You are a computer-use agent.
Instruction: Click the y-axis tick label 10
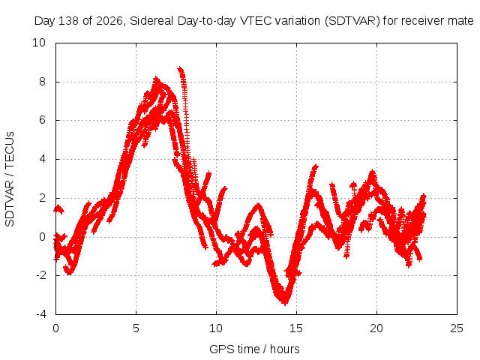(x=39, y=43)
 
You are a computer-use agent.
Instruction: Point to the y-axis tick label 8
(x=42, y=82)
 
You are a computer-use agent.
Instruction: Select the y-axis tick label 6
(x=42, y=120)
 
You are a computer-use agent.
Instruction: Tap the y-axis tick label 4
(x=42, y=159)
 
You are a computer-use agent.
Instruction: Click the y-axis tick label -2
(x=40, y=275)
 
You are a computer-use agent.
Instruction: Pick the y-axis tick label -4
(x=40, y=314)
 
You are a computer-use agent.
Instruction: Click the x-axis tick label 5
(x=136, y=328)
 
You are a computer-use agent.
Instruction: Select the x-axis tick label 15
(x=296, y=328)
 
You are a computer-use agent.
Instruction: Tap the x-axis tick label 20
(x=376, y=328)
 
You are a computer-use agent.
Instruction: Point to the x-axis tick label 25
(x=457, y=328)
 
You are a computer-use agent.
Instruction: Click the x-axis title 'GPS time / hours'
(x=254, y=349)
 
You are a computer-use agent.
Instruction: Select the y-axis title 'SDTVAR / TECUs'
(x=10, y=179)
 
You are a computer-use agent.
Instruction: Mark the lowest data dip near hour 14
(x=285, y=303)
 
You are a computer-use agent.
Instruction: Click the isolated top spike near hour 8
(x=181, y=70)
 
